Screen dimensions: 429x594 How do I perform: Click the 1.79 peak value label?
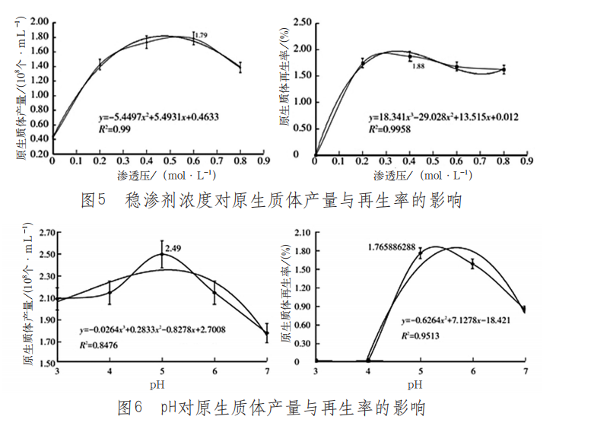[202, 35]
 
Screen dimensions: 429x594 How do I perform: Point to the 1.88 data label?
[418, 67]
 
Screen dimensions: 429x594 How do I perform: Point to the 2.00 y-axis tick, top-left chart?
[38, 22]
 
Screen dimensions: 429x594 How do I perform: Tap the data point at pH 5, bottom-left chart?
[161, 255]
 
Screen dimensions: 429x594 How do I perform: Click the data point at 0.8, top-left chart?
[240, 67]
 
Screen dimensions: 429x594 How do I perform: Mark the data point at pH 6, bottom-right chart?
[472, 264]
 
